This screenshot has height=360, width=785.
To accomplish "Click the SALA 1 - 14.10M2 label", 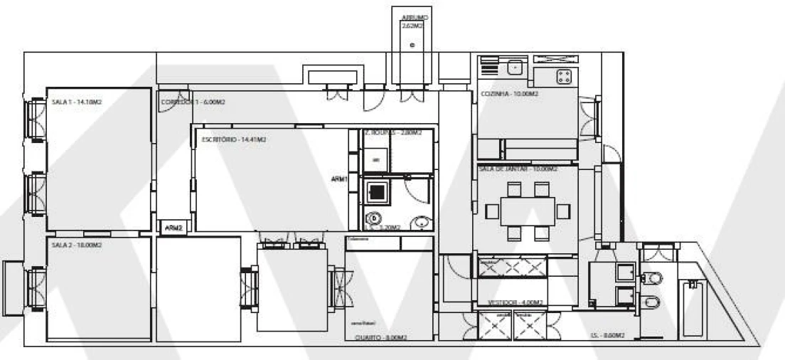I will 76,103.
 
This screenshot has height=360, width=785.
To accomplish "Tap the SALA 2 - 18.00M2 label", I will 76,244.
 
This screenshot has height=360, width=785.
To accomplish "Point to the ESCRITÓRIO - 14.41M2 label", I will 229,140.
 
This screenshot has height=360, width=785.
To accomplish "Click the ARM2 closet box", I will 173,228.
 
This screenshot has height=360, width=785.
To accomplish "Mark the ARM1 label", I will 339,180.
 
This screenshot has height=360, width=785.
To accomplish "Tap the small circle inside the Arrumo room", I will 414,46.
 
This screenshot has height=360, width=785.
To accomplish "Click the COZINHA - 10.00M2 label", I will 510,94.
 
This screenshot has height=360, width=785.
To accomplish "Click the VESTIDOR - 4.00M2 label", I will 516,302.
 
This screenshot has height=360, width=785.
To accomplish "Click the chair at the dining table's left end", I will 492,211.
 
